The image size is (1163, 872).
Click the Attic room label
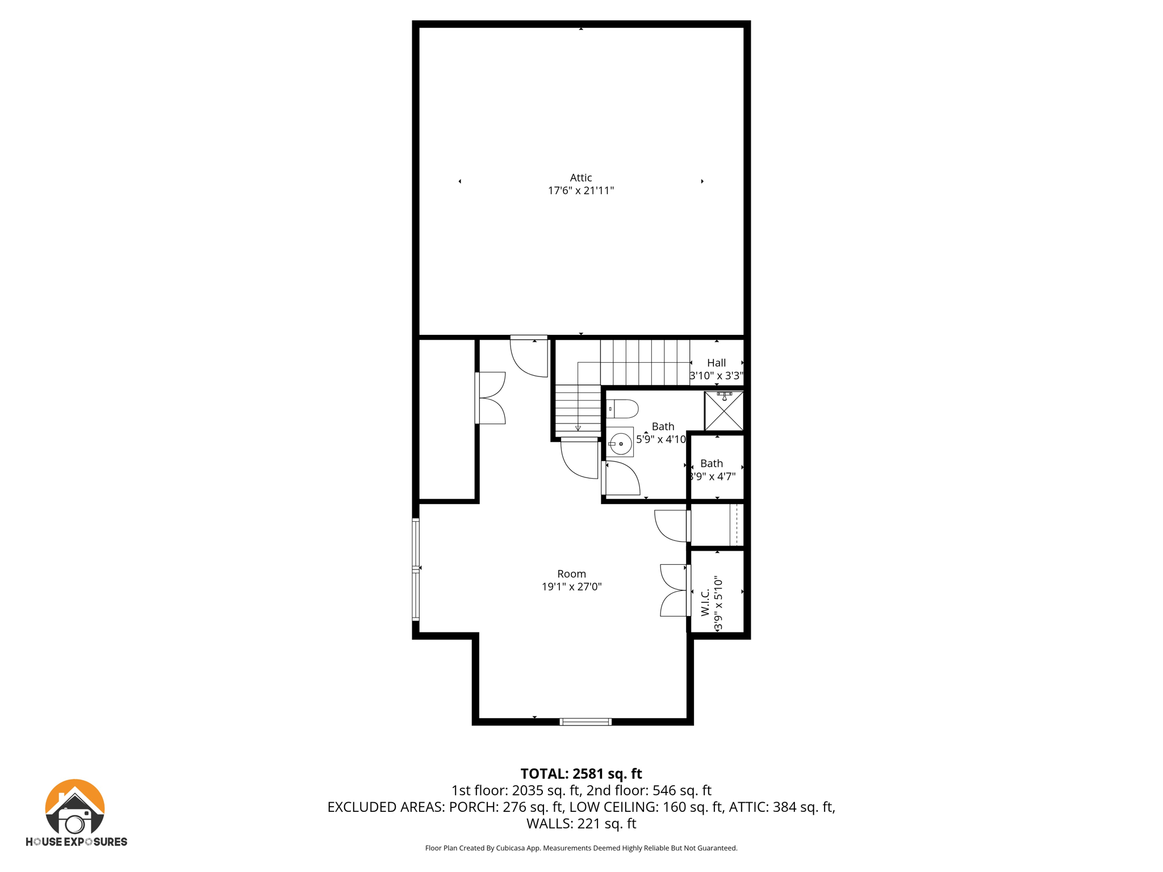point(580,178)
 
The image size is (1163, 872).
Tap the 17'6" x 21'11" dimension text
point(580,191)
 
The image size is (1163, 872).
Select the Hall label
point(716,363)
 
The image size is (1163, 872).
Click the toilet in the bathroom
point(622,409)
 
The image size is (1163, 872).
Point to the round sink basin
point(621,443)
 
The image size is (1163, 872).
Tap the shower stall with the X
point(723,410)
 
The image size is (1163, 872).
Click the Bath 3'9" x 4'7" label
point(712,469)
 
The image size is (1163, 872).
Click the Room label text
point(571,574)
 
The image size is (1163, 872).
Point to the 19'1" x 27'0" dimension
point(571,587)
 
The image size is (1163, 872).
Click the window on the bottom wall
point(585,722)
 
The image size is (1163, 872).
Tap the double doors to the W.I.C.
point(674,590)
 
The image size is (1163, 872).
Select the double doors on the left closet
point(491,398)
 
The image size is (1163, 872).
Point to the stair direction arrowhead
point(578,429)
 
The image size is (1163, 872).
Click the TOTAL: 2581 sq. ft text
point(581,774)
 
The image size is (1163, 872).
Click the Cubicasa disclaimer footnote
point(581,848)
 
